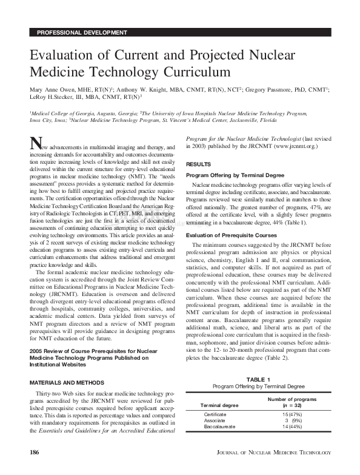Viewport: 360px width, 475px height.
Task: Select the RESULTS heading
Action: point(199,164)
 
